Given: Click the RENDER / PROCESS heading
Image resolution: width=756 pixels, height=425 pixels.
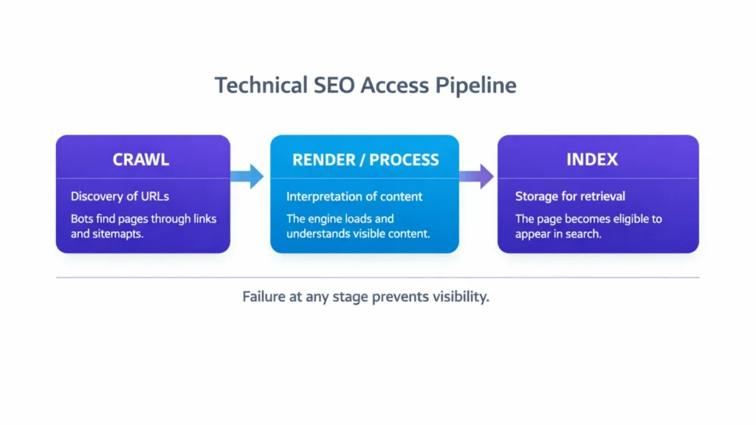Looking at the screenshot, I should tap(365, 159).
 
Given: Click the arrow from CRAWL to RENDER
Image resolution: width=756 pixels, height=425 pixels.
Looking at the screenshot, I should tap(247, 176).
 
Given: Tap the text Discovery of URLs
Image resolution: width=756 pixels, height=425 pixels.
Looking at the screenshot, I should tap(120, 196).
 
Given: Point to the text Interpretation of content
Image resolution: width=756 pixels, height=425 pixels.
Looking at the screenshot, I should tap(354, 196).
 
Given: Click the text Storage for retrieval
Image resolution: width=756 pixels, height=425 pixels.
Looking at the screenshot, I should tap(570, 196).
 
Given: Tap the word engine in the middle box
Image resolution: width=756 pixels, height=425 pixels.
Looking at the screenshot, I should tap(327, 219).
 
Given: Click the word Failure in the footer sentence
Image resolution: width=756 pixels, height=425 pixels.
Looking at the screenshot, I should tap(263, 298).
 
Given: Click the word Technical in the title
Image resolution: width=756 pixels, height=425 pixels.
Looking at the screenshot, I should tap(258, 86).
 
